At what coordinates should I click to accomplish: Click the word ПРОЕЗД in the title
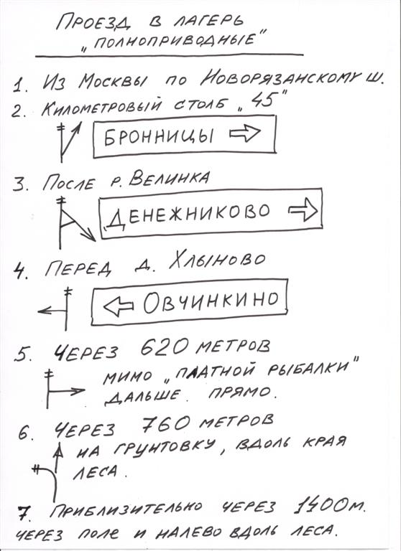tap(93, 24)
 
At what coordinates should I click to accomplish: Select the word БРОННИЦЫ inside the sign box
tap(159, 136)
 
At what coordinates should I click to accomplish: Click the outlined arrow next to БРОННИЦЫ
tap(245, 133)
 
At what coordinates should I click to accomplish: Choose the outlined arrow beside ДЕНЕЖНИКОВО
tap(303, 209)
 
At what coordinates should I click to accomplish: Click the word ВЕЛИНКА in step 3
tap(169, 179)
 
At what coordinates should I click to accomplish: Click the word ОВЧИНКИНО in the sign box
tap(211, 302)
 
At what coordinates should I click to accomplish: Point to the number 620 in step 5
tap(165, 348)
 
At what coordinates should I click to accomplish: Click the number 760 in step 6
tap(165, 423)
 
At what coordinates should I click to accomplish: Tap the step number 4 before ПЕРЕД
tap(20, 271)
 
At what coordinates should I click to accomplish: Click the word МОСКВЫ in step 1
tap(114, 81)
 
